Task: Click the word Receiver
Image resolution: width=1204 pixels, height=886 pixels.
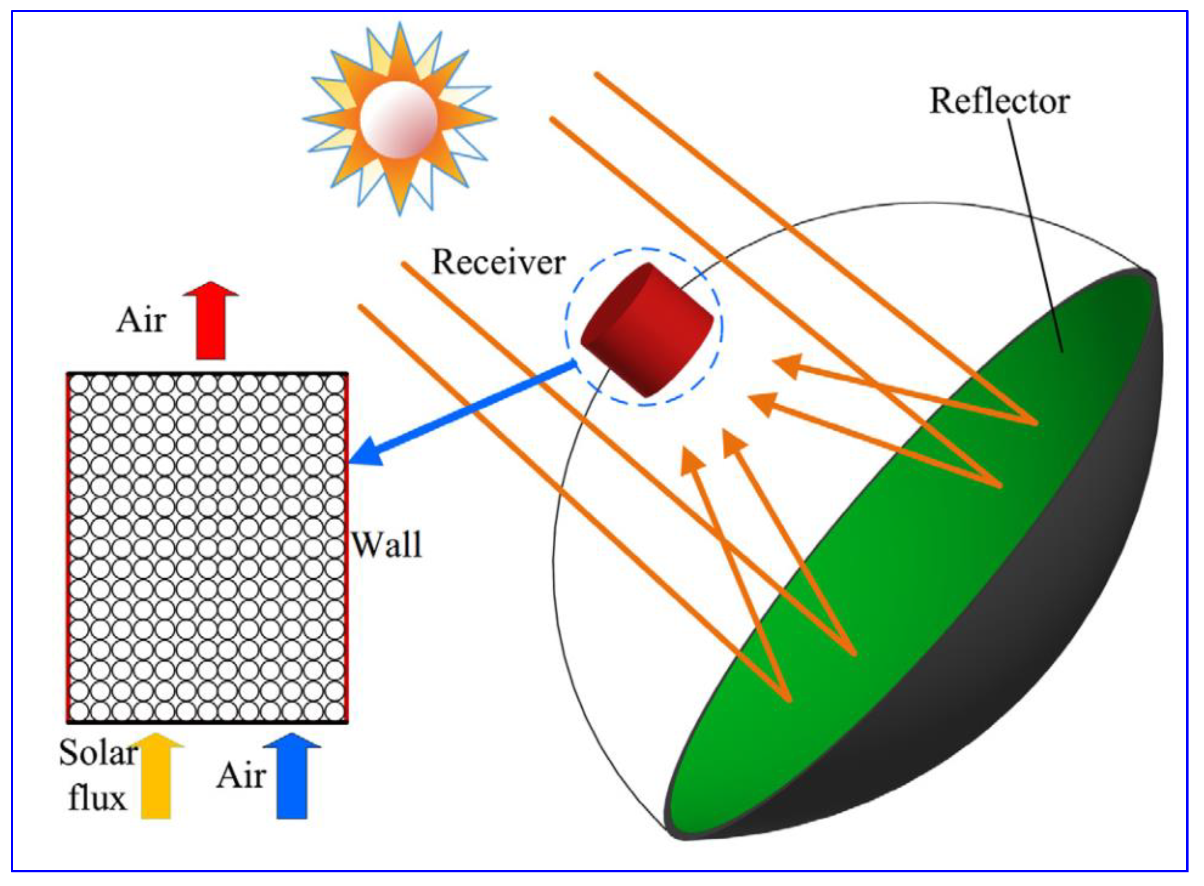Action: pos(499,262)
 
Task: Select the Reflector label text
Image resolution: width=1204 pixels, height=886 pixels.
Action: pos(999,101)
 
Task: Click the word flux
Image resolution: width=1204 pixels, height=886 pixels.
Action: pos(97,797)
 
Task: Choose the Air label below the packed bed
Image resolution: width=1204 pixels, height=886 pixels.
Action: pos(241,776)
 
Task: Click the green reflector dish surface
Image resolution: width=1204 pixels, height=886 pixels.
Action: pos(939,536)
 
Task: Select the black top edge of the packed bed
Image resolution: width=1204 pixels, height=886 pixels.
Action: pos(207,373)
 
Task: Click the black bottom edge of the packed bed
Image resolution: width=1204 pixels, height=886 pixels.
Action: pos(207,722)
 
